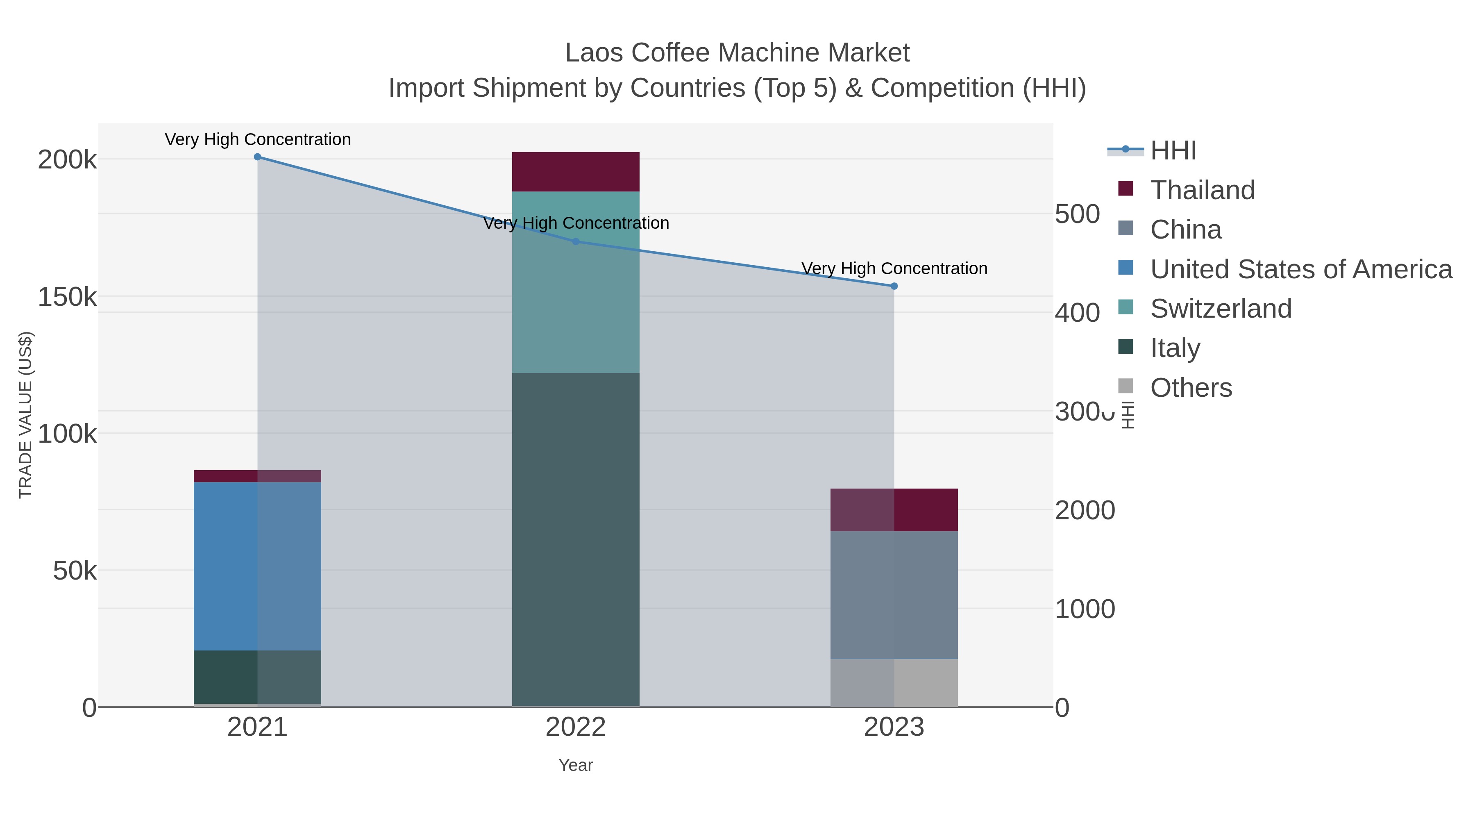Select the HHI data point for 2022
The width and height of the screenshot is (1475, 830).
[x=576, y=242]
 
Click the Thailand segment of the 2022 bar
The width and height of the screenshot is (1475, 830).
[x=576, y=172]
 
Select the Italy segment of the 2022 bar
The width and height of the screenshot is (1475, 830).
[x=576, y=539]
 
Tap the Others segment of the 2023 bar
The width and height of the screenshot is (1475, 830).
[x=894, y=683]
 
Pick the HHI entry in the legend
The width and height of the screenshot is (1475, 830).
[x=1173, y=151]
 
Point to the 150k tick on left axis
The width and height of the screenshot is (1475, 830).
[x=67, y=297]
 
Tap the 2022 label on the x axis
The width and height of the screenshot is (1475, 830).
[x=576, y=728]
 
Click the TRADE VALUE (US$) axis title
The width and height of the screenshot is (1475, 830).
[x=26, y=415]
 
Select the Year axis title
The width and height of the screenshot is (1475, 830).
[x=576, y=765]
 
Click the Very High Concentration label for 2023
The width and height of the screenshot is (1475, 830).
[x=894, y=268]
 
